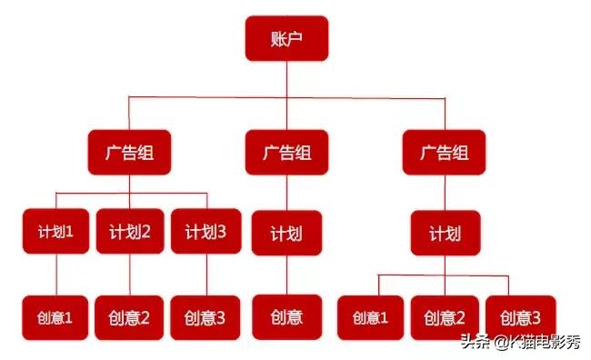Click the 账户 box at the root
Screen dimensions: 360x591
286,38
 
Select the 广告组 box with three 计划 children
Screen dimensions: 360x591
129,152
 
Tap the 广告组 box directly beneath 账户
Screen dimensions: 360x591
286,152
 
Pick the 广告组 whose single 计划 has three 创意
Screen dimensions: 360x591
444,152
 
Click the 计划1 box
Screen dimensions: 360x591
55,232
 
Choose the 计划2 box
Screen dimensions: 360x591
129,232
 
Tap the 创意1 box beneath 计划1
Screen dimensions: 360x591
55,317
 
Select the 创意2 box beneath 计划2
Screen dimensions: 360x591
129,317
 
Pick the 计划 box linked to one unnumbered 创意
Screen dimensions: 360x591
286,233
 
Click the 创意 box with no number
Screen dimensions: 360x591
286,317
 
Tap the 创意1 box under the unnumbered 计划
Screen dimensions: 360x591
370,318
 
